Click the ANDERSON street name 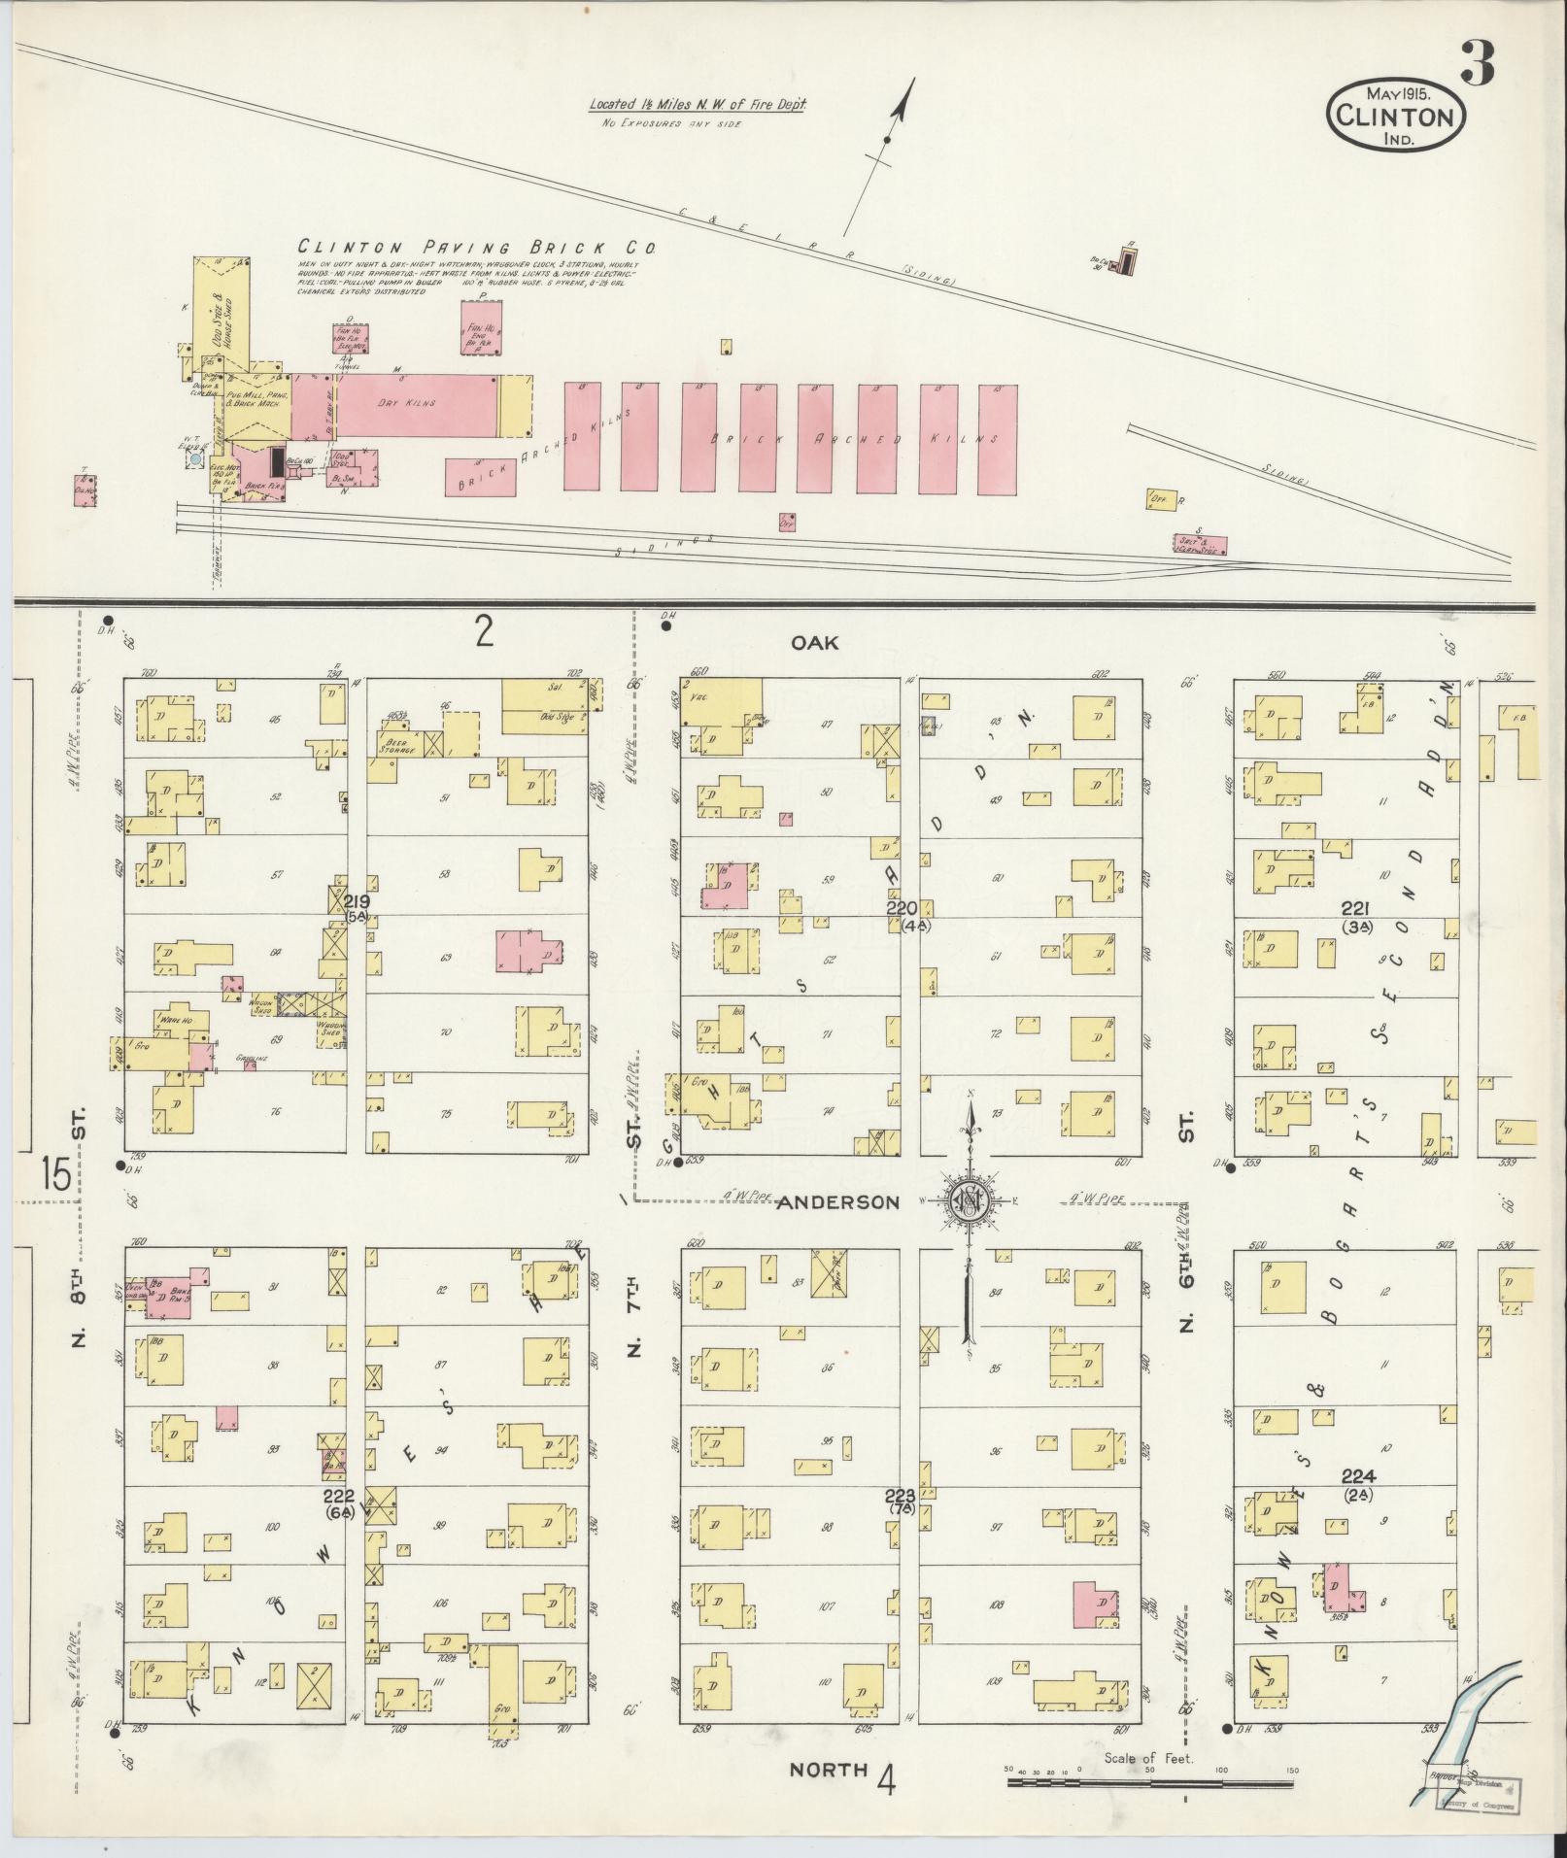837,1202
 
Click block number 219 356,901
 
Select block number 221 1355,909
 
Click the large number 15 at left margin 55,1175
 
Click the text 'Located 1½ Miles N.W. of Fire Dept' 697,105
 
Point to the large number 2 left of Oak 484,633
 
